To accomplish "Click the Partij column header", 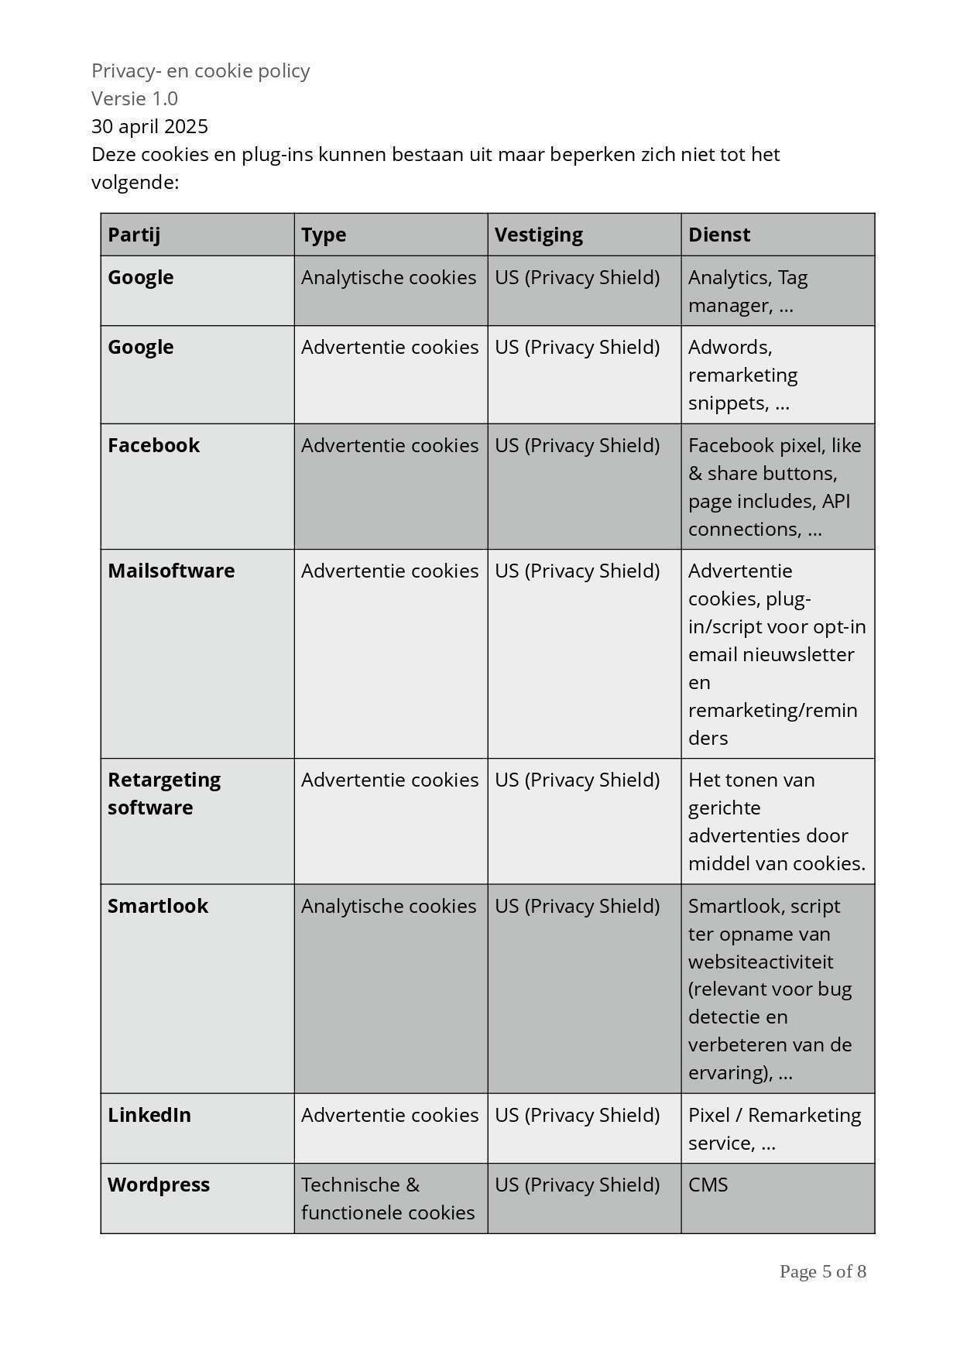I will click(134, 235).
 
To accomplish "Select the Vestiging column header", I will click(539, 235).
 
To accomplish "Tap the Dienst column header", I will click(719, 235).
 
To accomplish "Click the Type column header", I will click(324, 235).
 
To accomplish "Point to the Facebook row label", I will click(153, 445).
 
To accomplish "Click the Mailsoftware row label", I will click(171, 571).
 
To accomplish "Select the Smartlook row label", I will click(158, 906).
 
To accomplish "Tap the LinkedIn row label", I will click(149, 1115).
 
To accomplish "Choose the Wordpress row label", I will click(159, 1185).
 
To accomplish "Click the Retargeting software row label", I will click(164, 793).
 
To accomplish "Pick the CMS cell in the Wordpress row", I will click(708, 1185).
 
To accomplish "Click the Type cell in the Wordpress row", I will click(388, 1199).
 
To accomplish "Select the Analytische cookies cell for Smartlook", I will click(389, 906).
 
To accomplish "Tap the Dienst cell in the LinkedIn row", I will click(774, 1129).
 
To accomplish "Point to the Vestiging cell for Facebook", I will click(578, 445).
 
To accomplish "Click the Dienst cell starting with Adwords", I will click(743, 375).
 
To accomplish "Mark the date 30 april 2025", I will click(149, 126).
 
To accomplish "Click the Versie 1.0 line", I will click(135, 98).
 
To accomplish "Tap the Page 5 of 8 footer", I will click(822, 1271).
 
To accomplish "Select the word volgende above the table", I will click(135, 182).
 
